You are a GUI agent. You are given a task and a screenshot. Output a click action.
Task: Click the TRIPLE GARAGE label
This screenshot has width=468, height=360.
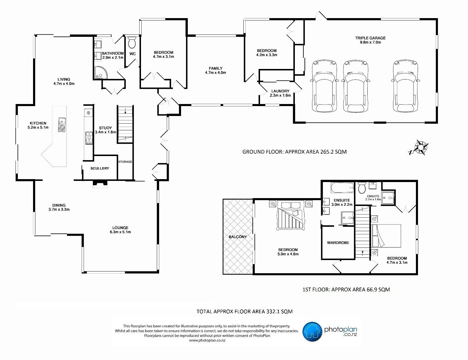click(370, 38)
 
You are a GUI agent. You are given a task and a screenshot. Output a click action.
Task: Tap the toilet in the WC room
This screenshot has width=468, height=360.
click(132, 43)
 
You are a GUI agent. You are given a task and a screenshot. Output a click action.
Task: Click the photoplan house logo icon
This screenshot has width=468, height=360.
click(312, 331)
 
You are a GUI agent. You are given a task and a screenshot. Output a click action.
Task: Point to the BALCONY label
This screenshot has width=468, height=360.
click(238, 237)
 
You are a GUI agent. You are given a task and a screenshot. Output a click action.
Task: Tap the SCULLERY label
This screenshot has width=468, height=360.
click(99, 168)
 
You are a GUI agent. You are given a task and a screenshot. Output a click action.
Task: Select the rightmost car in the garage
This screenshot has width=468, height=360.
click(405, 86)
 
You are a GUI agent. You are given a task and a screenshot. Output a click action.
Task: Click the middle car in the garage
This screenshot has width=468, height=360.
click(355, 86)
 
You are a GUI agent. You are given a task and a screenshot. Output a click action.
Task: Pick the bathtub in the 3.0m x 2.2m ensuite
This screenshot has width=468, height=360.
click(342, 188)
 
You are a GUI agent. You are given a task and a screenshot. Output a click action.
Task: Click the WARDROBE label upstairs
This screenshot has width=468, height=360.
click(338, 243)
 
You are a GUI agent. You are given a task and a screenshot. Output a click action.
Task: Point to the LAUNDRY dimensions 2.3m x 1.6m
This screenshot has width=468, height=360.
click(280, 95)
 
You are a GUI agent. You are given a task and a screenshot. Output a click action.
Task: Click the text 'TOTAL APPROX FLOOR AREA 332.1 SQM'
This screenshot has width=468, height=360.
click(244, 311)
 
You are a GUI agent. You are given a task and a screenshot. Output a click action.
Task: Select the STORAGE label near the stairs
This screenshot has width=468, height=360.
click(125, 162)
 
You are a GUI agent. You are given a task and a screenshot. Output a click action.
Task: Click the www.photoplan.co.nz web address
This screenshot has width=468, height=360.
click(207, 340)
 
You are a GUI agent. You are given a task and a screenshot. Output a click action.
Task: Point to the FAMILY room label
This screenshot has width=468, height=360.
click(216, 68)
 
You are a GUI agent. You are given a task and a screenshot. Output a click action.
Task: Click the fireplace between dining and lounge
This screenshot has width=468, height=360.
click(100, 184)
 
